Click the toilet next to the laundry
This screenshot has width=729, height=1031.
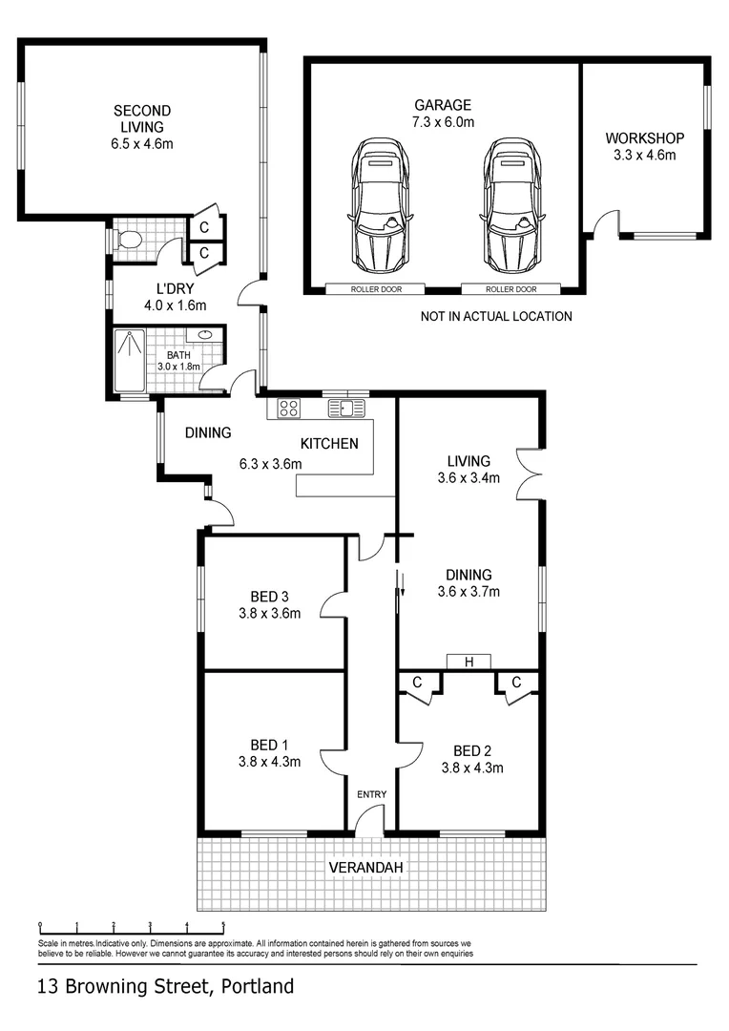point(128,240)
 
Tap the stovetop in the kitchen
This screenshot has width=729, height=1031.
point(288,409)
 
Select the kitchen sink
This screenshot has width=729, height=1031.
point(346,409)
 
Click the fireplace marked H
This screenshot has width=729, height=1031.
point(469,662)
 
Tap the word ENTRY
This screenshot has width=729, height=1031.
point(371,794)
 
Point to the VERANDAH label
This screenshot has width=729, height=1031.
point(366,868)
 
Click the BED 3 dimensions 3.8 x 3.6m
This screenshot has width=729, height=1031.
point(269,614)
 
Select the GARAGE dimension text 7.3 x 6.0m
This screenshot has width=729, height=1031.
point(443,121)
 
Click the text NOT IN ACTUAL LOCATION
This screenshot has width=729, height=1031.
point(496,316)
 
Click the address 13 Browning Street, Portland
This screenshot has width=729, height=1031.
point(165,986)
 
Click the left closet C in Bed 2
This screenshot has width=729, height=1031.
point(417,682)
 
